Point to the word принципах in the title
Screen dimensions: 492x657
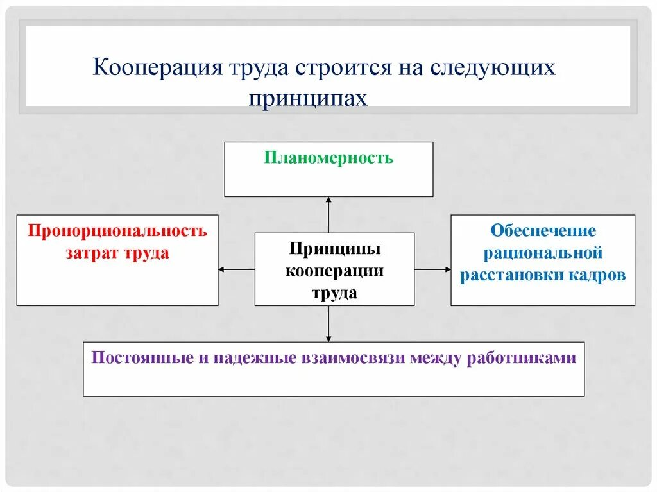(x=308, y=99)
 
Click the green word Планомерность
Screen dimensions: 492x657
(x=328, y=158)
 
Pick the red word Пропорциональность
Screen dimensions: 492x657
(x=117, y=231)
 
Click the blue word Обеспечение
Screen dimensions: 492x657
(x=543, y=230)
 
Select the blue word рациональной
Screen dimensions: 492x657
(x=543, y=253)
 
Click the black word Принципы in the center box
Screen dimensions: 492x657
(x=334, y=248)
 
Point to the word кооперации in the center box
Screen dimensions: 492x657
(x=334, y=270)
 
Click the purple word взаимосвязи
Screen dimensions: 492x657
(x=352, y=358)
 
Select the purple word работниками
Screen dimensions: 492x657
(x=530, y=358)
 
